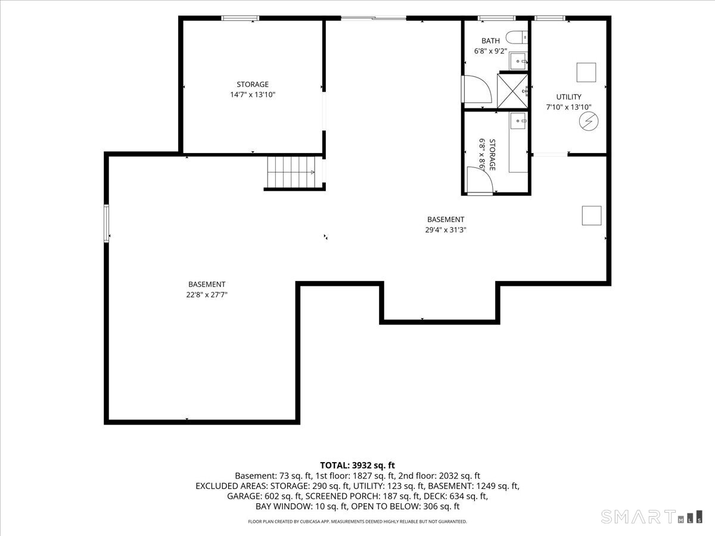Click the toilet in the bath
517,37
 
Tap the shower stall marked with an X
512,91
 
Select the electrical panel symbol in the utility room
589,121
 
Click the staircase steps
291,172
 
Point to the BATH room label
490,40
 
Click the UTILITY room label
569,96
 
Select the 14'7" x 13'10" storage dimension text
253,95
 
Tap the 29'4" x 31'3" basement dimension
446,230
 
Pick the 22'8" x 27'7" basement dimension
207,295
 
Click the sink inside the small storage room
518,121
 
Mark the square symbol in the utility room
586,72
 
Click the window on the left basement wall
106,223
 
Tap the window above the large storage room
240,18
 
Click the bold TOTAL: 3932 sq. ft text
357,465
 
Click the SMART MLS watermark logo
651,516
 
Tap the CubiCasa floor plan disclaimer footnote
357,522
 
